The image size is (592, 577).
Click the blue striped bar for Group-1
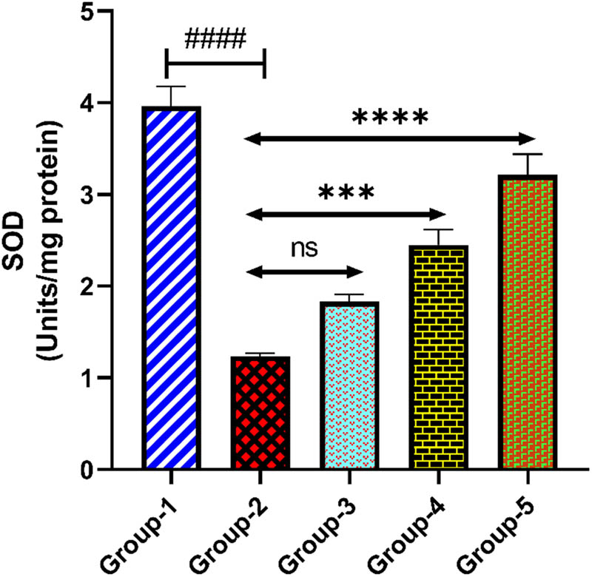click(x=172, y=288)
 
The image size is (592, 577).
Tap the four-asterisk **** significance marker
click(x=389, y=118)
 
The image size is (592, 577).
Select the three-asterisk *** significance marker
click(x=346, y=194)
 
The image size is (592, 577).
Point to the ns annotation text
click(x=304, y=247)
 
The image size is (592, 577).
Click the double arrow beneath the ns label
click(x=304, y=272)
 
